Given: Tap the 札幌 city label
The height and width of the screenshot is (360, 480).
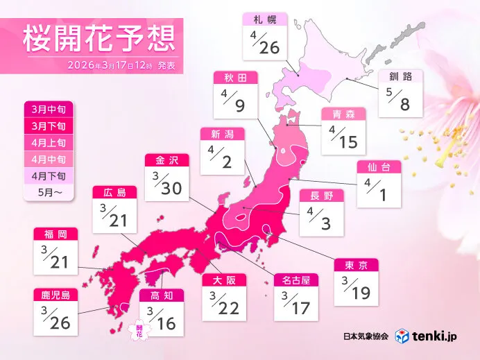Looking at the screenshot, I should pyautogui.click(x=263, y=19).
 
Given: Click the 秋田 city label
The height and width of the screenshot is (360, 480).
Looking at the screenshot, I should pyautogui.click(x=230, y=78).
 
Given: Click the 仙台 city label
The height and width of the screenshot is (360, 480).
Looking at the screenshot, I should pyautogui.click(x=378, y=167).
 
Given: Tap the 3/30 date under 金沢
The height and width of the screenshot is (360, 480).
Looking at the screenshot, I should pyautogui.click(x=167, y=182).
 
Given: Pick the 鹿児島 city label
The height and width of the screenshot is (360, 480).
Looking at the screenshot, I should pyautogui.click(x=55, y=294).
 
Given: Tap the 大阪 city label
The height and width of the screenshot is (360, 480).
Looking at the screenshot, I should pyautogui.click(x=224, y=280).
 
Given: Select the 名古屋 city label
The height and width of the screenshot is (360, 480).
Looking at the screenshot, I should pyautogui.click(x=295, y=280).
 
